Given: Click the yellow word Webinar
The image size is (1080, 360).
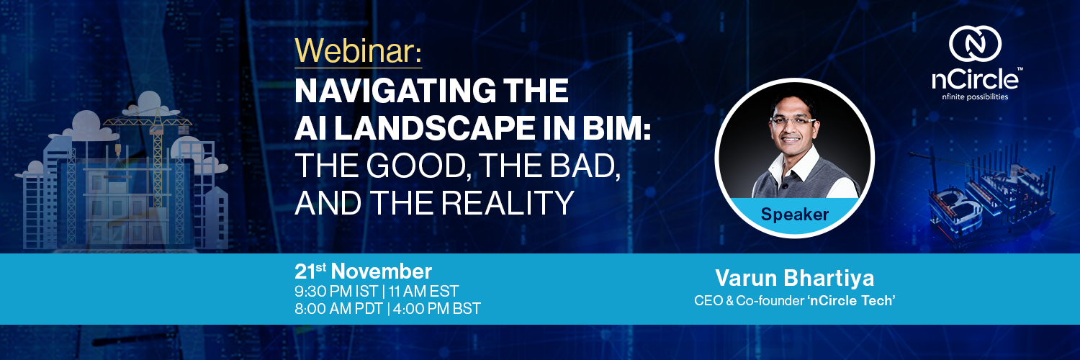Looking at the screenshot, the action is coord(356,50).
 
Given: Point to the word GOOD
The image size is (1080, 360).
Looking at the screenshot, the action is coord(417,166).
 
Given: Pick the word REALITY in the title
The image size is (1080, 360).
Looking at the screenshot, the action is coord(508,203).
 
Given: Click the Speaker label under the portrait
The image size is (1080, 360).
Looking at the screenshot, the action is coord(795,215).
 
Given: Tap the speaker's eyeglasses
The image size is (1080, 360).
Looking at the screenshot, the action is coord(793,121).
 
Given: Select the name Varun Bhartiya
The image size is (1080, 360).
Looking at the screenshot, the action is coord(795,278).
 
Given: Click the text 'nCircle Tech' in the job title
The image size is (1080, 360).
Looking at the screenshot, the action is coord(852,301).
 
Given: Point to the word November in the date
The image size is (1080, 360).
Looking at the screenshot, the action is coord(382,271).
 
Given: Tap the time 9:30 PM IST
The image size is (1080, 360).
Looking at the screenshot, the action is coord(336,292).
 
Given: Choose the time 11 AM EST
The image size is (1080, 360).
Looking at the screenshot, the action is coord(424,292).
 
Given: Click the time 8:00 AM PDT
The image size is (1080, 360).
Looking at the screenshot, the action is coord(339,309).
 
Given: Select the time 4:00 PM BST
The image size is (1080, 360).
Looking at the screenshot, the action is coord(437,309).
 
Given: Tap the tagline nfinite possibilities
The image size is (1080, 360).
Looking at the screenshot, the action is coord(975,97).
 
